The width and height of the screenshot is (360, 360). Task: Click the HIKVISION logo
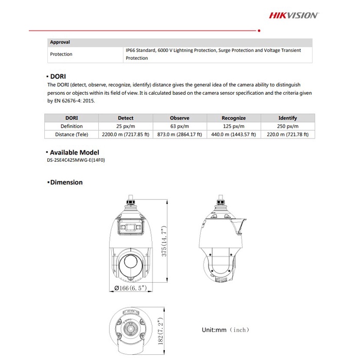[x=294, y=15]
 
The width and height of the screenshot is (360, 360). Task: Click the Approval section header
[x=60, y=42]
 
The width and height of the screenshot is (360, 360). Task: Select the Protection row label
[x=61, y=54]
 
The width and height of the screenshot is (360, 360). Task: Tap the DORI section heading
[x=58, y=76]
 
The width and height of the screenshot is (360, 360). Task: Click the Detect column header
[x=126, y=118]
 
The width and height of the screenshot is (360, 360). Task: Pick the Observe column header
[x=179, y=118]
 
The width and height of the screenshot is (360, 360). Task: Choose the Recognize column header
[x=233, y=118]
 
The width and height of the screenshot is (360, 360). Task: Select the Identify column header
[x=287, y=118]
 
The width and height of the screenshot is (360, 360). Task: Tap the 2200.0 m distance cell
[x=126, y=134]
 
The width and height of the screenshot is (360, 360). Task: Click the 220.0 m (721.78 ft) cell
[x=287, y=134]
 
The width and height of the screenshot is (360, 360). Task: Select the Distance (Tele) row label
[x=72, y=134]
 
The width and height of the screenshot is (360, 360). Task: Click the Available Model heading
[x=74, y=152]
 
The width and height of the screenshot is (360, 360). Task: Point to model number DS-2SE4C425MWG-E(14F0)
[x=76, y=160]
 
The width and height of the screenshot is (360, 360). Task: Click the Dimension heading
[x=66, y=182]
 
